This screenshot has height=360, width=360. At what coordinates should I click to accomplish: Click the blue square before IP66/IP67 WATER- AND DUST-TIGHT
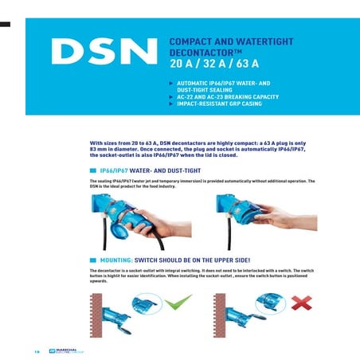[93, 170]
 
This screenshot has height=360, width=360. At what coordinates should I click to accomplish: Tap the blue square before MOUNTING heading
[93, 260]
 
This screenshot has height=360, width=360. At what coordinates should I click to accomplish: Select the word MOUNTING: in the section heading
[116, 260]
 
